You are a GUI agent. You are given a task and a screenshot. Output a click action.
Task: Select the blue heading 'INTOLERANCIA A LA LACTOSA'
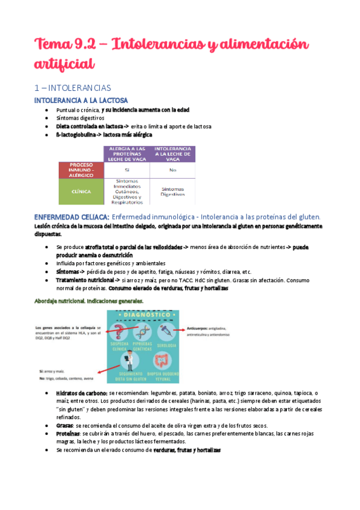coord(81,100)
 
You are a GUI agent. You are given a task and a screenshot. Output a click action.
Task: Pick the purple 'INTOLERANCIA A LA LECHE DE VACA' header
coord(173,153)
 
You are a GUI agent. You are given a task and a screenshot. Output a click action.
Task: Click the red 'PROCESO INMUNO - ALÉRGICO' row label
coord(81,170)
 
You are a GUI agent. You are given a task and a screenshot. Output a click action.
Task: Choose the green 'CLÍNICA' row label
coord(81,192)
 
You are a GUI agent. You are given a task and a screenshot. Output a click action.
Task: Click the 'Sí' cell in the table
coord(127,170)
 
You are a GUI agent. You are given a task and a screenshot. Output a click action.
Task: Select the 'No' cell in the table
coord(173,170)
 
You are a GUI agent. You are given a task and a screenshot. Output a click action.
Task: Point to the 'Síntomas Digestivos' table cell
coord(173,191)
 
